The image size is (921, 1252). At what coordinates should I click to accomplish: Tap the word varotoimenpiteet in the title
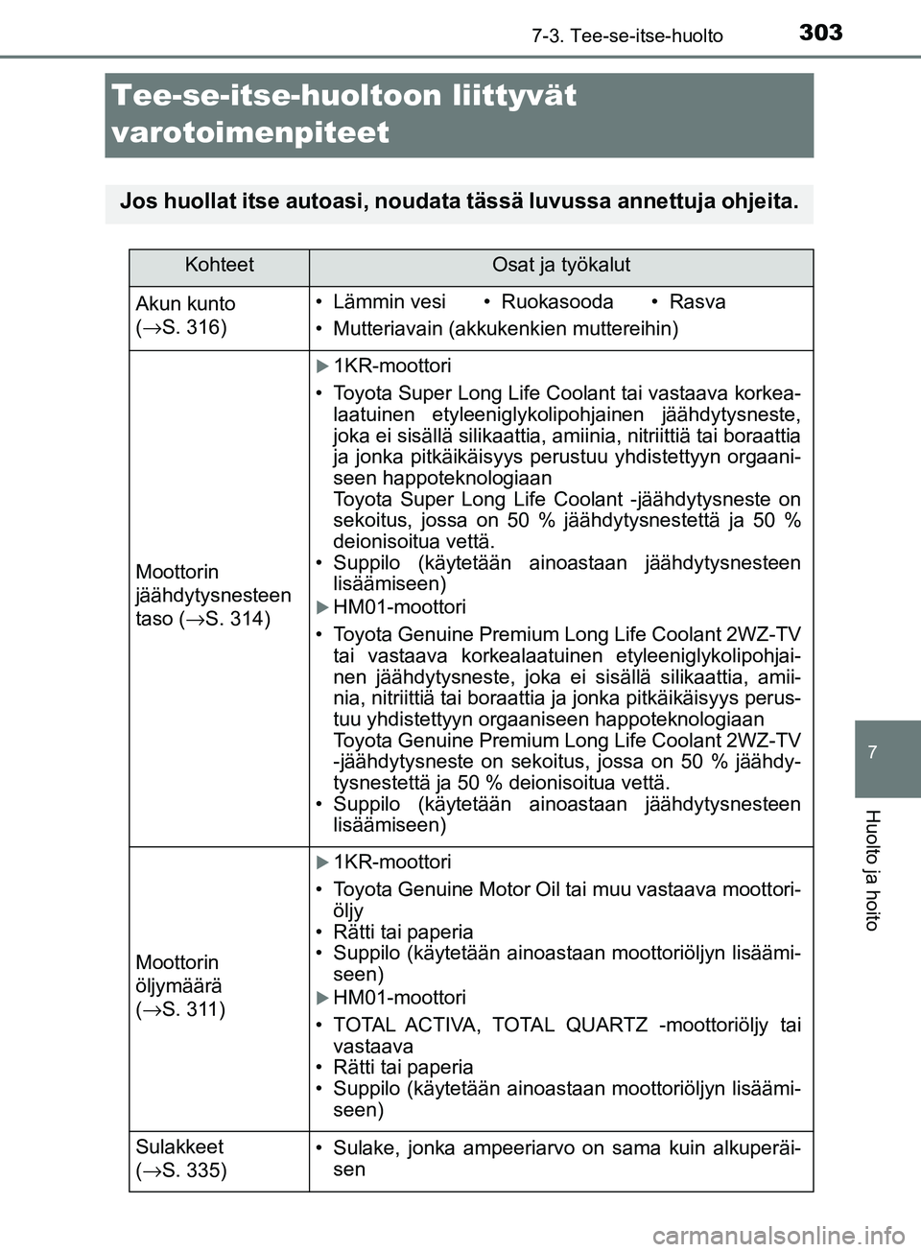coord(250,132)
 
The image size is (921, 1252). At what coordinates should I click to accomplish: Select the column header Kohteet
coord(220,266)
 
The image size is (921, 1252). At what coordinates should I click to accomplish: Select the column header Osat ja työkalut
coord(560,266)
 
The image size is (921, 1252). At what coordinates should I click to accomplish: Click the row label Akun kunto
coord(185,303)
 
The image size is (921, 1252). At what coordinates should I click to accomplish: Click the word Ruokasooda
coord(556,302)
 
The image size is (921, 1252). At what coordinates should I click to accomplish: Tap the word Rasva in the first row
coord(697,302)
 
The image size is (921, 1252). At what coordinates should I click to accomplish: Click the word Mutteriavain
coord(387,329)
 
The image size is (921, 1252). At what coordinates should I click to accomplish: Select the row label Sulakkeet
coord(179,1146)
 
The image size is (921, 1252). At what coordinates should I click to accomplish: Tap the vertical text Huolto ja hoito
coord(872,869)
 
